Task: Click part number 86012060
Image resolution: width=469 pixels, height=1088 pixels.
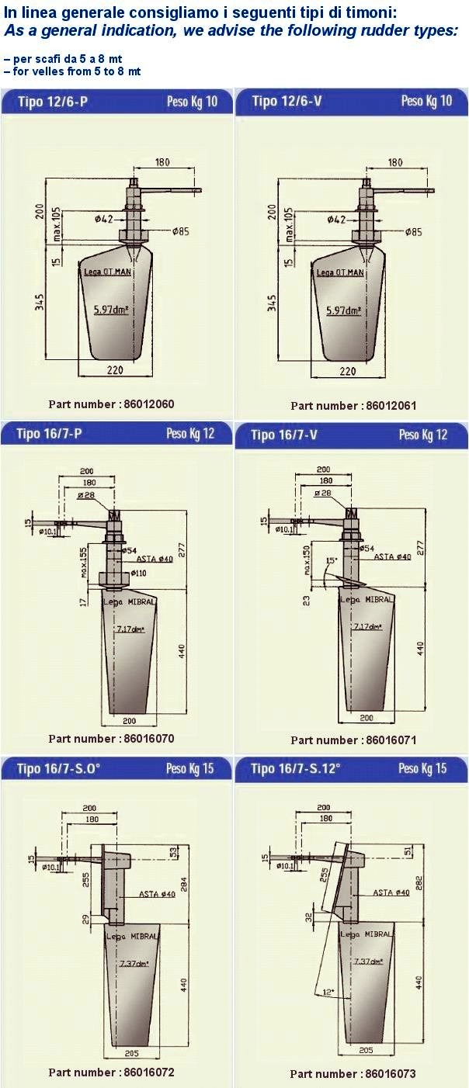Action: tap(111, 404)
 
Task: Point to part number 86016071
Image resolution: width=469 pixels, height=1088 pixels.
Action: tap(353, 740)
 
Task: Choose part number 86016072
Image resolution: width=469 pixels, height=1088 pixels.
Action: tap(111, 1072)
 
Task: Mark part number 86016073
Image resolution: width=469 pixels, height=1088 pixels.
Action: tap(353, 1074)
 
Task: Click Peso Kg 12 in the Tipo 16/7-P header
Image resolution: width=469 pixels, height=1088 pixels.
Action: tap(190, 434)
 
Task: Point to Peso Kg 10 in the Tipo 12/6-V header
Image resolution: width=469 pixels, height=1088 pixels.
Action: tap(426, 102)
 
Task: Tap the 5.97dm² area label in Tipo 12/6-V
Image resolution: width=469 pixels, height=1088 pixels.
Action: tap(346, 310)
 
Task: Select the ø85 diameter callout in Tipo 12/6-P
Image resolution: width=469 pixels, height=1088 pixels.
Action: tap(181, 231)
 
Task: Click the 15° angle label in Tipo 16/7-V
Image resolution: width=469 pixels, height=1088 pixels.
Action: tap(331, 560)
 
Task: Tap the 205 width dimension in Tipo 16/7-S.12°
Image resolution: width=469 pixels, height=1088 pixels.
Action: tap(367, 1049)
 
